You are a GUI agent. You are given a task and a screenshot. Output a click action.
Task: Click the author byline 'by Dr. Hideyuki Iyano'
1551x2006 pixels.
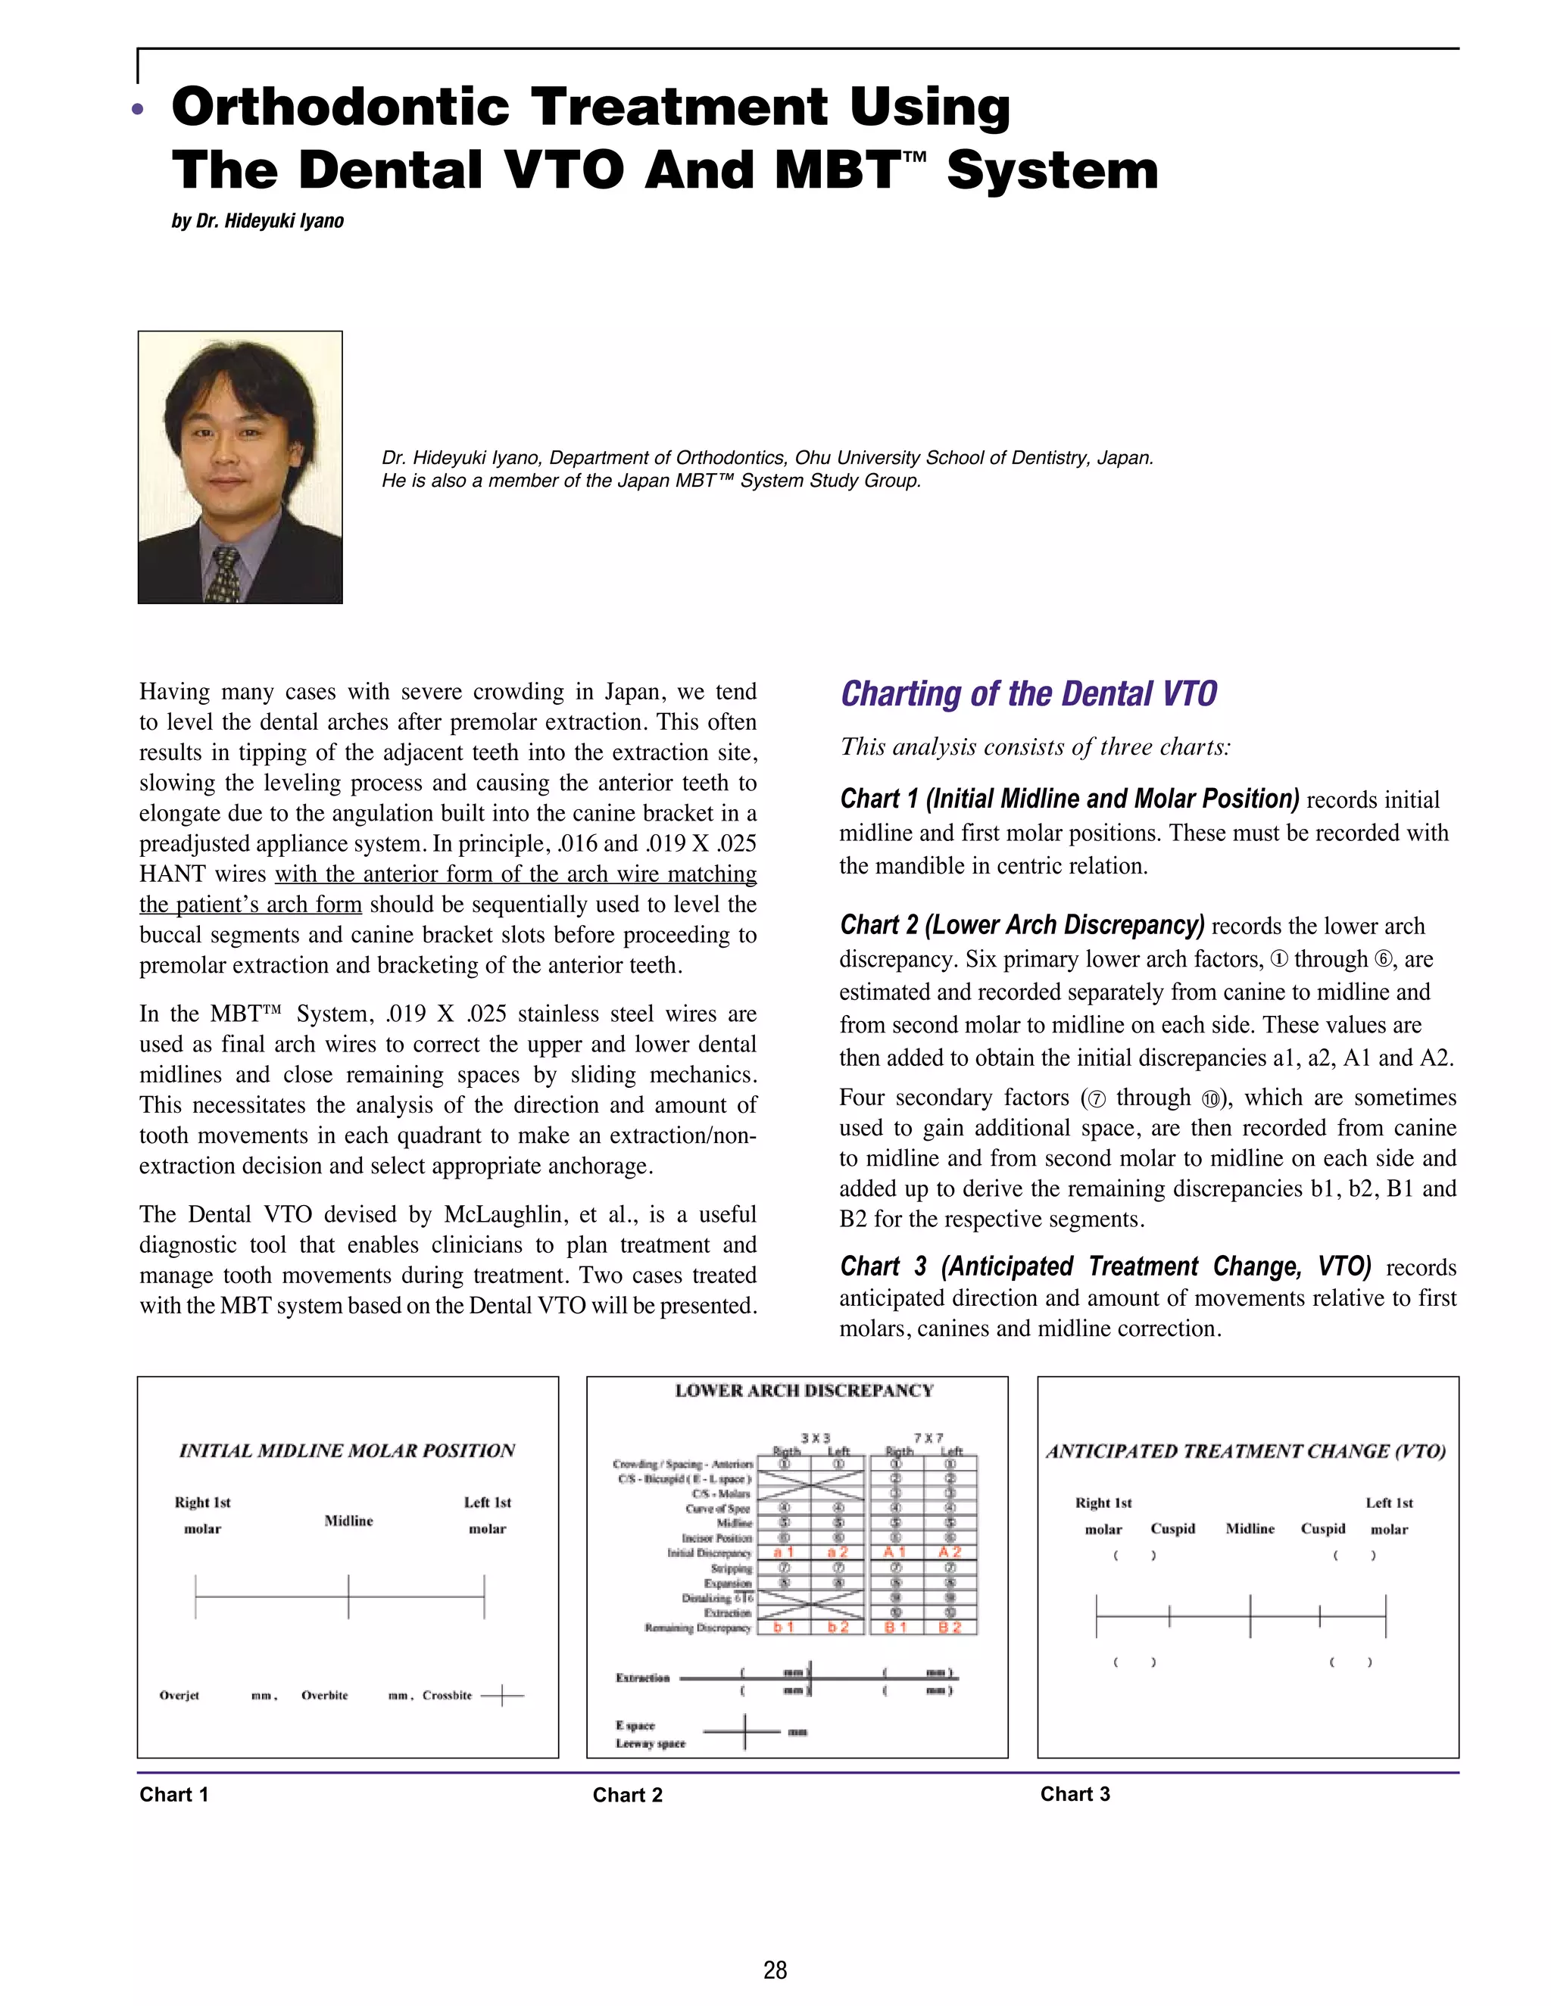(257, 221)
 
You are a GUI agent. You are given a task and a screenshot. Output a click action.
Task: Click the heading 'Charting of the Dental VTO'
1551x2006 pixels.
(1028, 694)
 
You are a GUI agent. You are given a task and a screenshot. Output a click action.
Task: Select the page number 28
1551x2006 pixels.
(775, 1969)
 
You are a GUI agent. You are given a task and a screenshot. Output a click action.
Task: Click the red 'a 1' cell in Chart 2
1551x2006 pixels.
(783, 1553)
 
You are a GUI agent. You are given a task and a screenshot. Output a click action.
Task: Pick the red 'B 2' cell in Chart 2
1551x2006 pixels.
(949, 1627)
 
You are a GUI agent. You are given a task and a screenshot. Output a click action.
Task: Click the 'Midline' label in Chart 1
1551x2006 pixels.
(348, 1521)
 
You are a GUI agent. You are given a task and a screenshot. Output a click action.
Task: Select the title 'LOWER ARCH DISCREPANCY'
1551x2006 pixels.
(804, 1391)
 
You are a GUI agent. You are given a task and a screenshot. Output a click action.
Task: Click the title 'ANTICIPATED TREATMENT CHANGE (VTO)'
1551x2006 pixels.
(1246, 1451)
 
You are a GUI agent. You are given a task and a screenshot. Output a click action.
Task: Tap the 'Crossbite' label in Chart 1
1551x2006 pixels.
(448, 1696)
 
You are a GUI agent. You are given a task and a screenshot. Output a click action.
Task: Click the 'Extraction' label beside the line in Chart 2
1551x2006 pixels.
(642, 1677)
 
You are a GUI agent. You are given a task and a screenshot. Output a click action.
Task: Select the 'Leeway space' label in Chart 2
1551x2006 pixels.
(650, 1743)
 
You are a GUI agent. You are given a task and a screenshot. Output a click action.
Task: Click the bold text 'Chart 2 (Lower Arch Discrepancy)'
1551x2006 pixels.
(1022, 925)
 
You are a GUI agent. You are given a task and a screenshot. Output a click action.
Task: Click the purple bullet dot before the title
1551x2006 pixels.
(138, 109)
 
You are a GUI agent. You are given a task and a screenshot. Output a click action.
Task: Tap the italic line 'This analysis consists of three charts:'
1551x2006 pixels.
(1035, 746)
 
